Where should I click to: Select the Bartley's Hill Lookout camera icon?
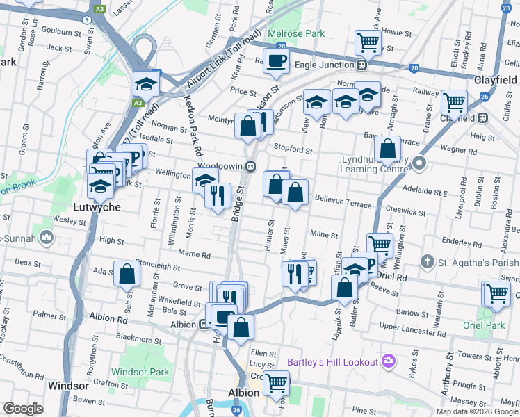click(388, 361)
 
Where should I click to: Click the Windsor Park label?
click(140, 372)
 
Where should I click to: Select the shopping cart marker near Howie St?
click(367, 42)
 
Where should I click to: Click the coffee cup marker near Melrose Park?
click(276, 60)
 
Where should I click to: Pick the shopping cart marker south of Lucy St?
click(277, 382)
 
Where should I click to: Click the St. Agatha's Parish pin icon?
click(428, 262)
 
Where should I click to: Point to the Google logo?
click(23, 409)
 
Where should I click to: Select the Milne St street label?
click(324, 236)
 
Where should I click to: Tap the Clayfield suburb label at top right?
click(495, 80)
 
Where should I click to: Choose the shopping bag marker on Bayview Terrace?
click(387, 149)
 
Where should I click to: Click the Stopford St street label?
click(293, 149)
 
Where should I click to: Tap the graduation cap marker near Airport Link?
click(147, 84)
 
